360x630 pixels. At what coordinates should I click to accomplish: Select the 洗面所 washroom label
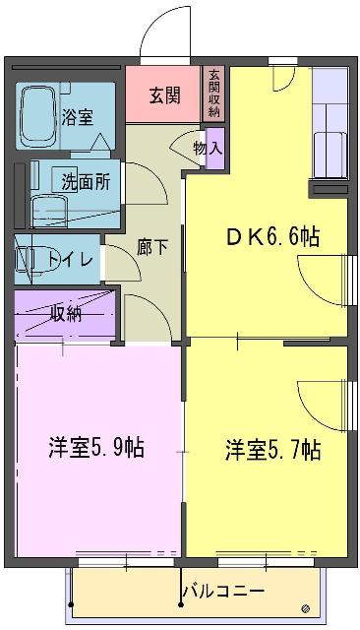tap(86, 181)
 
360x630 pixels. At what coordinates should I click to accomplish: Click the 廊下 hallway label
tap(151, 246)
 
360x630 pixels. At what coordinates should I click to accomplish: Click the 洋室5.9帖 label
tap(96, 448)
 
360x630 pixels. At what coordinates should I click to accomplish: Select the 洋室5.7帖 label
tap(272, 450)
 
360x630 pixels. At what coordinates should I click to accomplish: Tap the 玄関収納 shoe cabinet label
tap(213, 94)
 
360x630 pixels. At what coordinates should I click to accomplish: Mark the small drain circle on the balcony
tap(306, 605)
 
